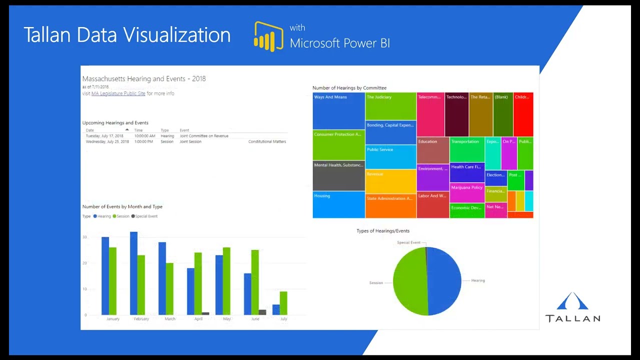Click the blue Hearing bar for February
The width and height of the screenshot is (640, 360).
coord(133,273)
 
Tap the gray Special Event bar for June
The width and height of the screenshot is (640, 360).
coord(262,312)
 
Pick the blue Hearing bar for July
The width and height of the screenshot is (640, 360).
coord(276,310)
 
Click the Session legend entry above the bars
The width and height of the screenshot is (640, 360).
coord(121,216)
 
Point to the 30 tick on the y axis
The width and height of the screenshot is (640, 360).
coord(85,237)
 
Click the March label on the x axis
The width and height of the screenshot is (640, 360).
coord(170,319)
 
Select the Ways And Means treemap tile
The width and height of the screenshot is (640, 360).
coord(338,111)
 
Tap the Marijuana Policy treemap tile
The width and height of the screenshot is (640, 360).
coord(467,192)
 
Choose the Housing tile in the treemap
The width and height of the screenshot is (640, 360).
coord(338,205)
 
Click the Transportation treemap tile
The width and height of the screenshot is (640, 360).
coord(467,149)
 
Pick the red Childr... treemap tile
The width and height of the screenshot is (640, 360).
coord(523,114)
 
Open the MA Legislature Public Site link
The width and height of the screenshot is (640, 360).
coord(118,93)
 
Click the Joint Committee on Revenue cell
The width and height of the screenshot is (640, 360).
coord(204,136)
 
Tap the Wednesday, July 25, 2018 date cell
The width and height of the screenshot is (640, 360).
coord(107,142)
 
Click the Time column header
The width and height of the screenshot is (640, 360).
coord(138,130)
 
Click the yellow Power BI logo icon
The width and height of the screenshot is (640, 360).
coord(268,36)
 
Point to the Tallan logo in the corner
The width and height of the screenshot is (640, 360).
coord(572,307)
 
